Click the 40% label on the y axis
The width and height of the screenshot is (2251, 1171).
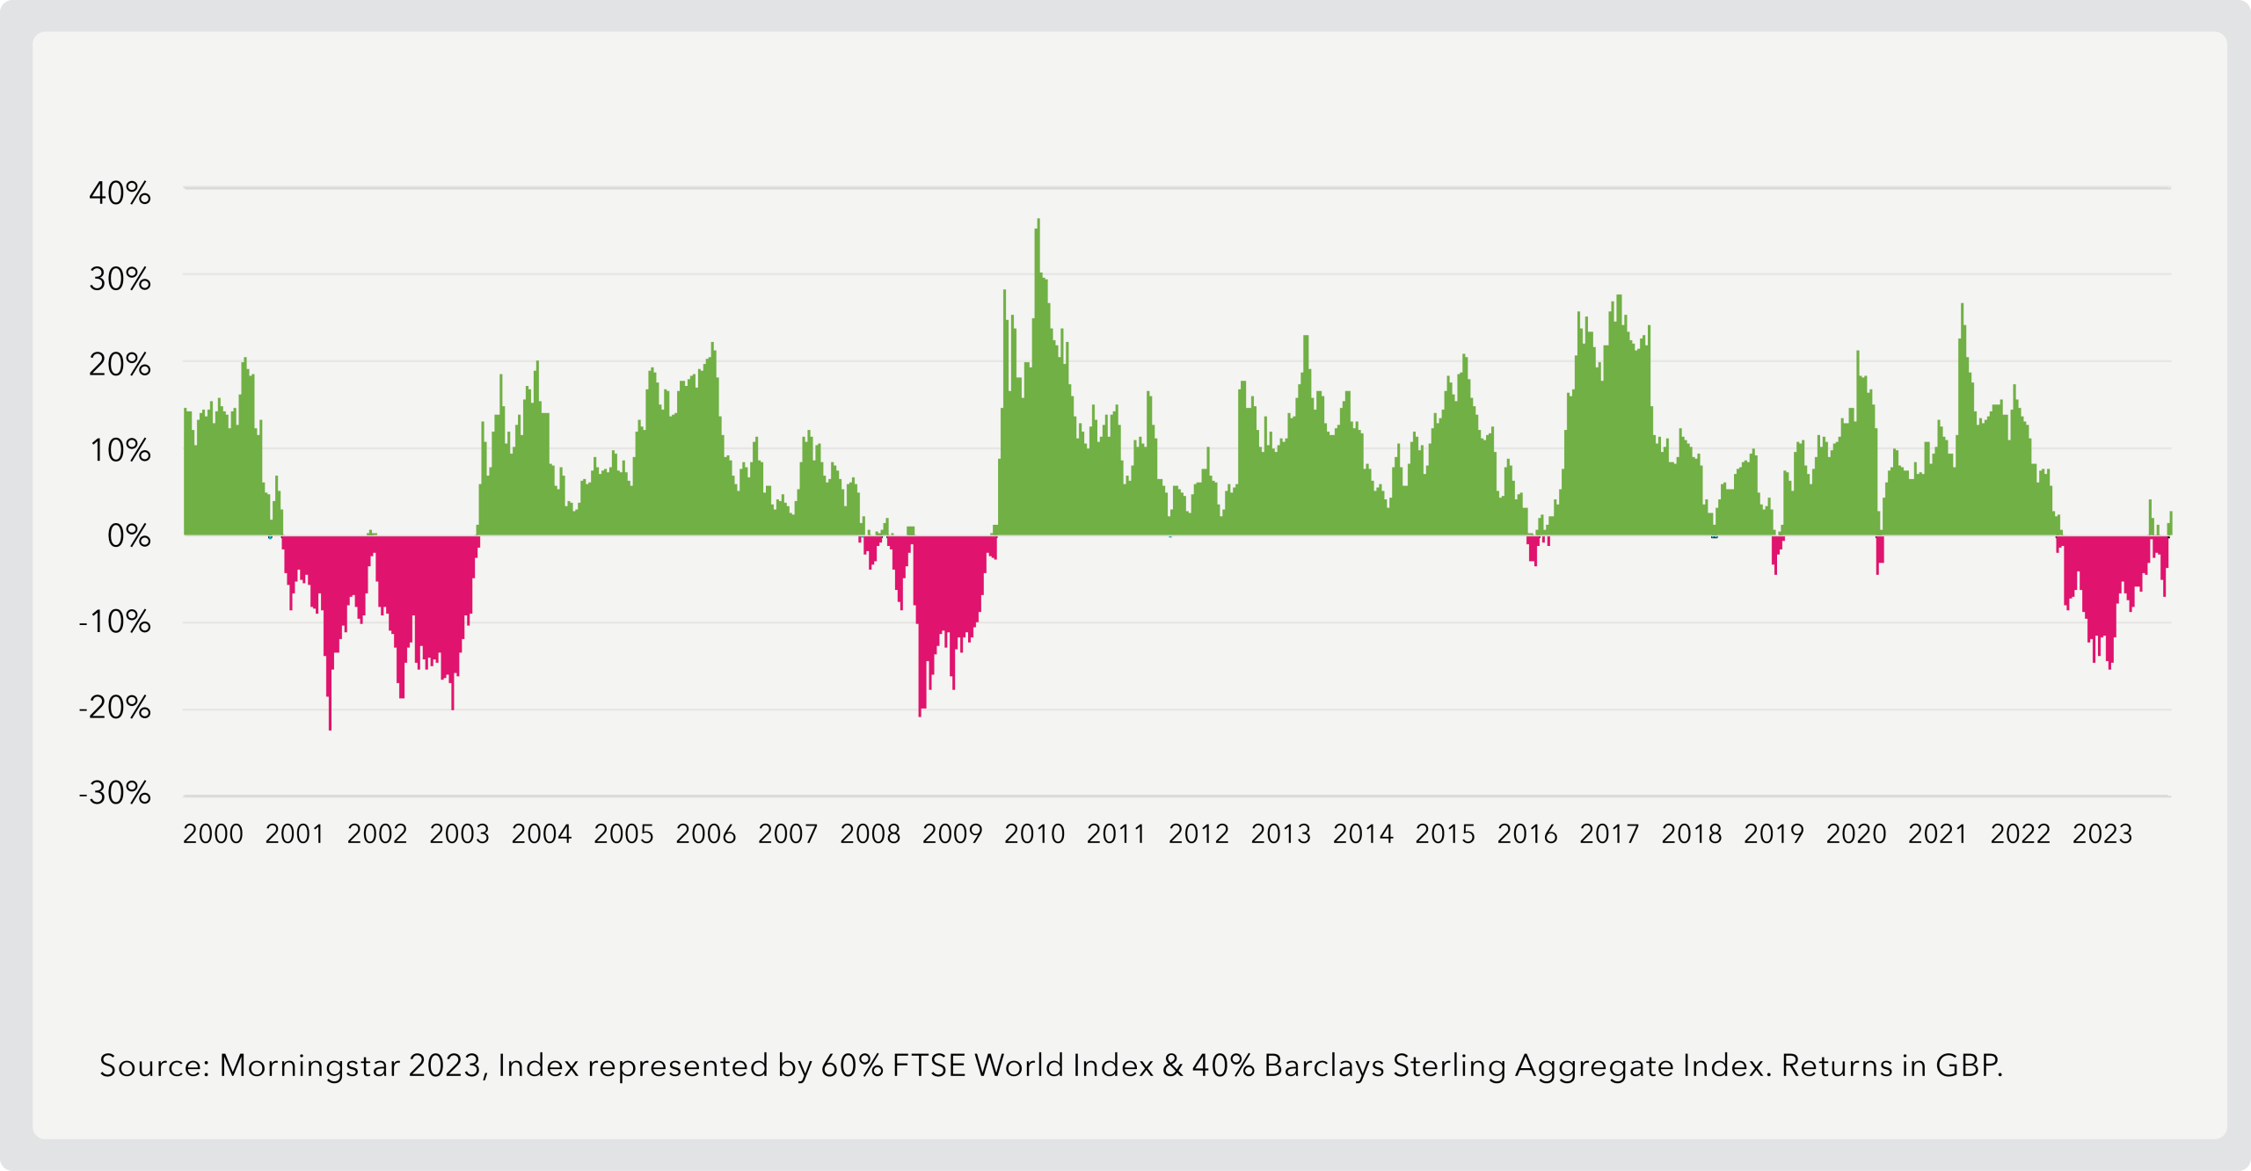(x=120, y=193)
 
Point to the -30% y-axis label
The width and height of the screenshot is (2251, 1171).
(x=114, y=793)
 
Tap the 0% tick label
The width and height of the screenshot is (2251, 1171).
(x=128, y=535)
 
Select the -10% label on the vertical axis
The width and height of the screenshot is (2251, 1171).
(x=114, y=622)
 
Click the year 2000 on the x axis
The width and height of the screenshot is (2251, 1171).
(x=213, y=833)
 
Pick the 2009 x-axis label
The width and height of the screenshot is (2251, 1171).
(x=952, y=833)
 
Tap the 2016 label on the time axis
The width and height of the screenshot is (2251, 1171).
(x=1527, y=833)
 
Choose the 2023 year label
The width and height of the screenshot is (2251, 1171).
(x=2102, y=833)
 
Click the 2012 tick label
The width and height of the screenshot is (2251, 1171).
(x=1198, y=833)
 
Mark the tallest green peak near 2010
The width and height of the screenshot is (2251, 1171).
(x=1038, y=222)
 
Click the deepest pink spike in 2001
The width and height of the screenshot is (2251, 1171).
(x=331, y=726)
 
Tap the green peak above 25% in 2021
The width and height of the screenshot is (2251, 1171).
(x=1962, y=307)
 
